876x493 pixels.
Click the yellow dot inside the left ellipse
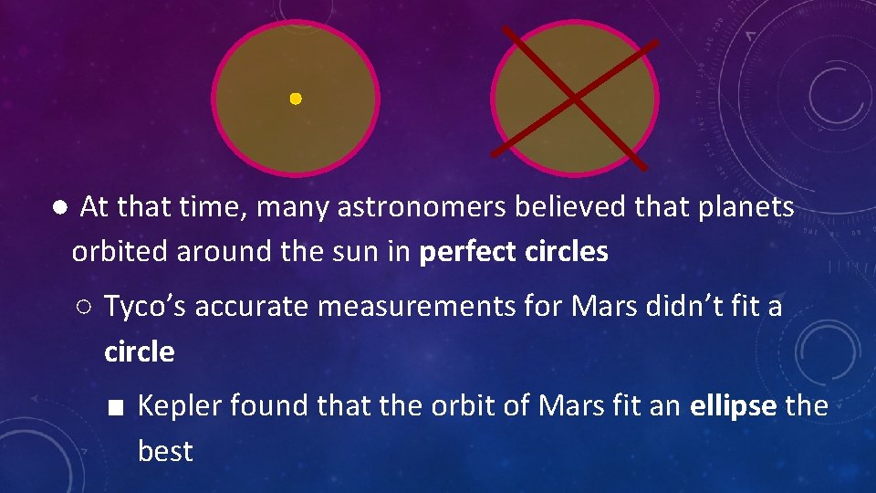pyautogui.click(x=296, y=99)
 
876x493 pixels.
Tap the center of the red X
pyautogui.click(x=574, y=97)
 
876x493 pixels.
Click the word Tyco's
pyautogui.click(x=146, y=307)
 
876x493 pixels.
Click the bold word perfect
pyautogui.click(x=469, y=252)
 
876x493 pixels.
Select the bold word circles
pyautogui.click(x=568, y=252)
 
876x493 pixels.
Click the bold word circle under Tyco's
pyautogui.click(x=140, y=351)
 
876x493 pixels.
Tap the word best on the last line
pyautogui.click(x=165, y=451)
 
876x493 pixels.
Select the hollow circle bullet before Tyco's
pyautogui.click(x=83, y=308)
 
